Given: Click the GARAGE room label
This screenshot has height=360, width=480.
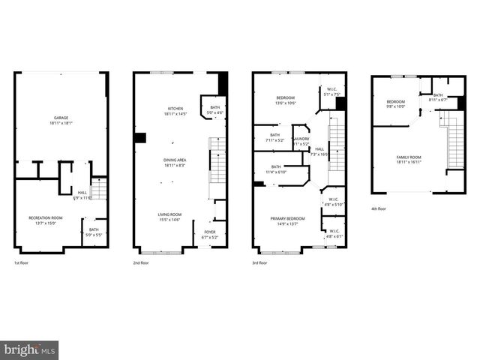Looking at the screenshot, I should [x=61, y=118].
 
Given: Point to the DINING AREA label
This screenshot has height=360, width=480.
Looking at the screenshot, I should [x=175, y=160].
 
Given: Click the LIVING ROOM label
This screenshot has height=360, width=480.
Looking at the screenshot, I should [x=169, y=214].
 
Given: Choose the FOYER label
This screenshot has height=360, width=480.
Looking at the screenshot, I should [x=210, y=232].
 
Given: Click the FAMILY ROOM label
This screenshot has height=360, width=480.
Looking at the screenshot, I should [x=409, y=157].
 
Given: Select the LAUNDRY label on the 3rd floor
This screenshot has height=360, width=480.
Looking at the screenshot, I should [x=301, y=139].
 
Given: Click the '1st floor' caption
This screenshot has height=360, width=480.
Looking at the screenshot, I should [x=22, y=263].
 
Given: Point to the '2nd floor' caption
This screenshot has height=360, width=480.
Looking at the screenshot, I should [x=141, y=263].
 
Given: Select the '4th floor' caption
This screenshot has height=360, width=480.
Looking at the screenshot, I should [x=379, y=209].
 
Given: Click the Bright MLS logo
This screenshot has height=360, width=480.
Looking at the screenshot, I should [x=29, y=350].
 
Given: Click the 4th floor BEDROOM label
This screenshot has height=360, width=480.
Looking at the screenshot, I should [x=395, y=102].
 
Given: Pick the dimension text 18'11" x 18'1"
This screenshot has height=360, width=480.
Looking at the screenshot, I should [x=61, y=123].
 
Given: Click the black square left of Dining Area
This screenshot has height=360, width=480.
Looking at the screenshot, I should [x=139, y=138].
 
